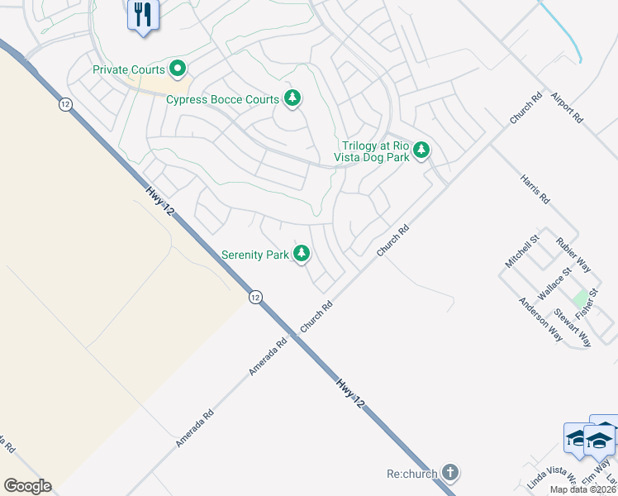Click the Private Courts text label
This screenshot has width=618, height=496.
[129, 69]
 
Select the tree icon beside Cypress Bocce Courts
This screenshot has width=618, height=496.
[292, 98]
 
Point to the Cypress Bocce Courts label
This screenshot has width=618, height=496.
[223, 99]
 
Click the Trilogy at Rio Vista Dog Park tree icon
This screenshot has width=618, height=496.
[421, 150]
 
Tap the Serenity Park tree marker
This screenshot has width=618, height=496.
[302, 254]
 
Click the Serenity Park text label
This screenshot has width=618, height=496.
[255, 255]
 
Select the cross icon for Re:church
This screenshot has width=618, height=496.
[449, 474]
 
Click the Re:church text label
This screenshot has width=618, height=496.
[411, 475]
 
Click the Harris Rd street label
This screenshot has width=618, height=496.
[535, 188]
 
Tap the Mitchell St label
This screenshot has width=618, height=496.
[522, 250]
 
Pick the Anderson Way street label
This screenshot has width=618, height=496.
[540, 319]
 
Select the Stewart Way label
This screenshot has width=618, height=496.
[572, 327]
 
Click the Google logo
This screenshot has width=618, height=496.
[27, 486]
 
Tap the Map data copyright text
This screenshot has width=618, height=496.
[583, 489]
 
